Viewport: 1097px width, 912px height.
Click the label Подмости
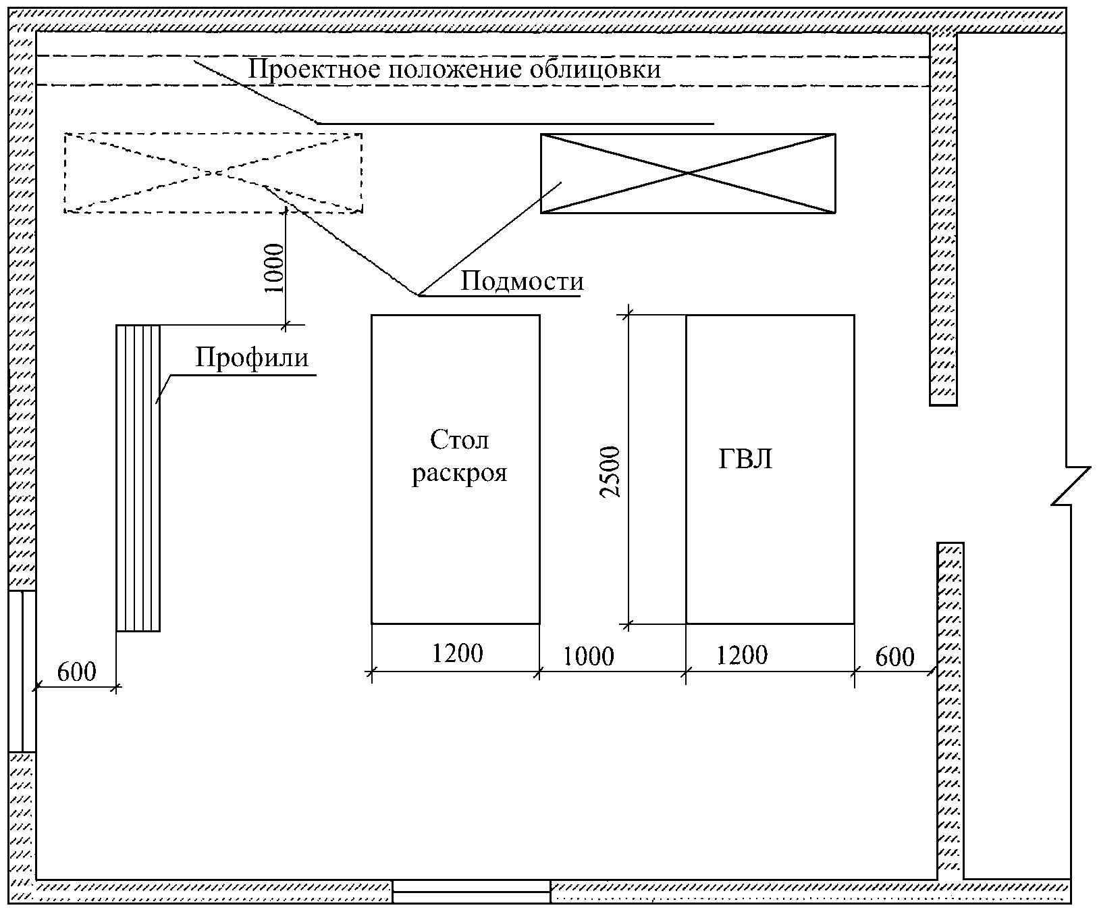pos(521,281)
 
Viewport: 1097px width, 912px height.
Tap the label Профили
pos(252,357)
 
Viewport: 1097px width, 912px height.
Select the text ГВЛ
pos(745,460)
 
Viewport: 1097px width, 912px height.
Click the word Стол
pos(459,440)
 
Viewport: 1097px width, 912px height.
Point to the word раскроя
pos(459,473)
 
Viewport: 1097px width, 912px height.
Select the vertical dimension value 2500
pos(611,472)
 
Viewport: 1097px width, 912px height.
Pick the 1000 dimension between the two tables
pos(589,656)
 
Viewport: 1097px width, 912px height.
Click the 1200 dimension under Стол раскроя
pos(458,653)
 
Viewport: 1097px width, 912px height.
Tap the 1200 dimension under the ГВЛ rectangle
pos(742,655)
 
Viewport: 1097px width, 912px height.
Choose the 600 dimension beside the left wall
pos(76,672)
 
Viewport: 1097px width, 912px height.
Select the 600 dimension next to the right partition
pos(895,657)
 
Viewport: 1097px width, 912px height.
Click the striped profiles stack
pos(138,478)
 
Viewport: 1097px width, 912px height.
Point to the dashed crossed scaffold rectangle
pos(213,173)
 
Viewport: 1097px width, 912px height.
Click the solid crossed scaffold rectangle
pos(687,173)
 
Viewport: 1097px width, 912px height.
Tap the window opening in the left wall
pos(22,671)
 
